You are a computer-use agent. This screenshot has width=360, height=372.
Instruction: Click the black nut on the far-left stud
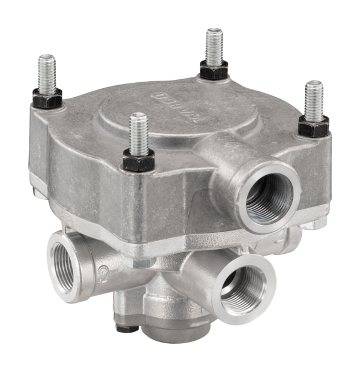coord(47,97)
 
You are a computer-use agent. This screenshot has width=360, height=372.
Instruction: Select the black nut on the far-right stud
coord(314,125)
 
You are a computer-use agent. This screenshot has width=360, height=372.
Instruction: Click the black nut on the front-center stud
coord(139,159)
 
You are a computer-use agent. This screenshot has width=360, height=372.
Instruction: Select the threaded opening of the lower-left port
coord(63,268)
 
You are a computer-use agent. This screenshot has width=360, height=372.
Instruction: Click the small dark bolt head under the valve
coord(124,327)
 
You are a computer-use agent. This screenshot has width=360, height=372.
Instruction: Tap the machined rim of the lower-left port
coord(53,282)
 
